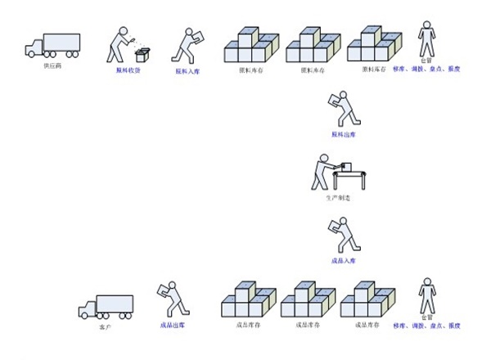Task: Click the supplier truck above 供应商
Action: tap(52, 45)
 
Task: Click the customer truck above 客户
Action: tap(105, 307)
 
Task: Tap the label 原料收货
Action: tap(128, 70)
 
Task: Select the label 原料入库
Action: tap(187, 70)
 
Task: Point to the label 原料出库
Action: tap(343, 133)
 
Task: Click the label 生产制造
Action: tap(337, 198)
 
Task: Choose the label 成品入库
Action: tap(343, 260)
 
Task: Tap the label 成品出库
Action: tap(171, 325)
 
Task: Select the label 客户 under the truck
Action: tap(104, 326)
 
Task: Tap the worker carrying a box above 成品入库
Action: tap(342, 235)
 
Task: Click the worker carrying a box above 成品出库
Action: tap(171, 299)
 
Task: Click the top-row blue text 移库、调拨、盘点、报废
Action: tap(426, 69)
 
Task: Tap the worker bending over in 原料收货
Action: tap(123, 43)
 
